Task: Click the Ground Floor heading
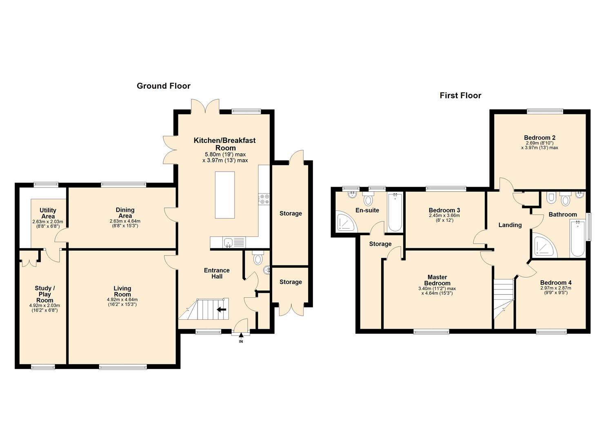click(163, 86)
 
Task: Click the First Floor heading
click(460, 96)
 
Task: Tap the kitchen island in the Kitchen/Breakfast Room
click(225, 195)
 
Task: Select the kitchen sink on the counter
click(228, 243)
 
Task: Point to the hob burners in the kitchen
click(264, 199)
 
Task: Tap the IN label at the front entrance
click(241, 341)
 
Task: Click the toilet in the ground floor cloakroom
click(257, 258)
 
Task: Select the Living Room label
click(122, 292)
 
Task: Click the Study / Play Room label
click(44, 294)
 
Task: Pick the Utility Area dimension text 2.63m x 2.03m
click(48, 222)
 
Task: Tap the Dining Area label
click(125, 213)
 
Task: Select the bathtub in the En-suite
click(395, 212)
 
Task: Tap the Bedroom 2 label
click(539, 138)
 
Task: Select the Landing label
click(510, 225)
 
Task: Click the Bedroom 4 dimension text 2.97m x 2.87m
click(555, 288)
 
